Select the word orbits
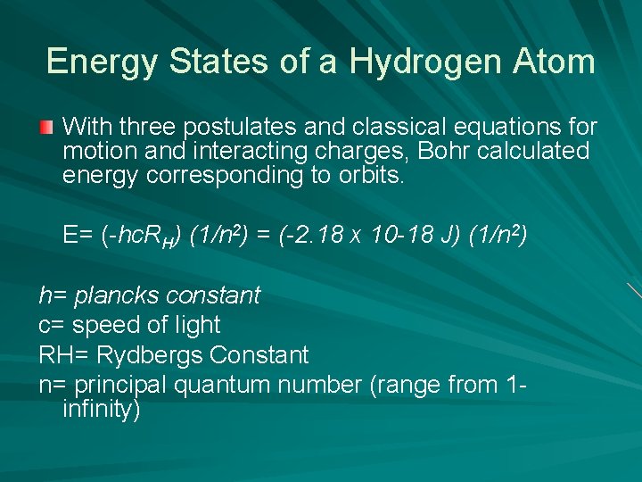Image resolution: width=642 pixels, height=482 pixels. pyautogui.click(x=370, y=176)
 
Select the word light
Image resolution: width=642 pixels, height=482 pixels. pyautogui.click(x=197, y=325)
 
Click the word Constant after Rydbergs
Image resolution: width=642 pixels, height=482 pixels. pyautogui.click(x=259, y=355)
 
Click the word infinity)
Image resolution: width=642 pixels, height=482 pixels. pyautogui.click(x=102, y=410)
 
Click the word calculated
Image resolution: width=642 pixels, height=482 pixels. pyautogui.click(x=534, y=152)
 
